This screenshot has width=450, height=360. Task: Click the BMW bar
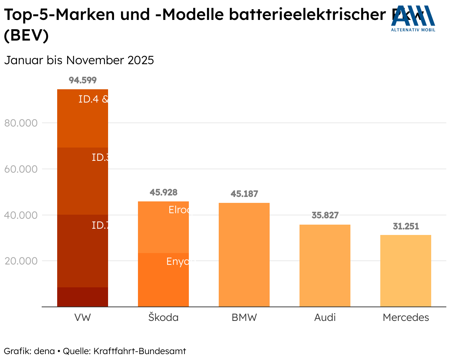tap(244, 255)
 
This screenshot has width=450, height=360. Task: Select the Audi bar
tap(325, 266)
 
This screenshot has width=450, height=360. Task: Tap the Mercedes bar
tap(405, 271)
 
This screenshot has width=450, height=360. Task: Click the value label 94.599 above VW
tap(83, 80)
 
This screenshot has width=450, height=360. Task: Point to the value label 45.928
tap(163, 192)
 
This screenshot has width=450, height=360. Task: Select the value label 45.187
tap(244, 194)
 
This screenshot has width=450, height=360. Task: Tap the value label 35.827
tap(325, 215)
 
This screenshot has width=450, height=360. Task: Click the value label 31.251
tap(406, 226)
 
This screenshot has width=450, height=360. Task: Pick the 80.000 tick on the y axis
tap(21, 123)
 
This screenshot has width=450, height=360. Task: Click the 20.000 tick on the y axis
tap(21, 261)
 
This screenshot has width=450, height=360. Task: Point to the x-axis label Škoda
tap(163, 318)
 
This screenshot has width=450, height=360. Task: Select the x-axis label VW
tap(83, 318)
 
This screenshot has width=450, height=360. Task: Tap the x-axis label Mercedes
tap(406, 318)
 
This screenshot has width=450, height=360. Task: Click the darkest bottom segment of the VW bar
tap(83, 297)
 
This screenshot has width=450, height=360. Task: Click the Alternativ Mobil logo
tap(413, 18)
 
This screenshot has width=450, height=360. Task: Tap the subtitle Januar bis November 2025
tap(79, 60)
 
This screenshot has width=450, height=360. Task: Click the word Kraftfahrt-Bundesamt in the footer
tap(140, 351)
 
